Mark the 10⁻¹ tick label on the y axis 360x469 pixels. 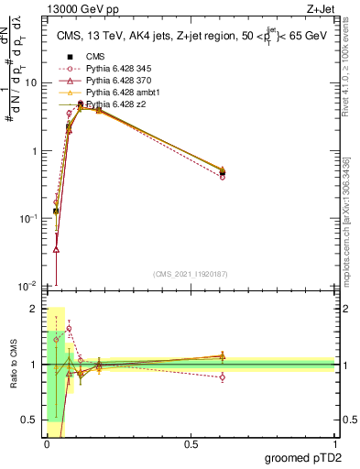click(x=29, y=219)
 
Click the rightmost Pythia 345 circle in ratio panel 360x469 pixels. click(x=223, y=376)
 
